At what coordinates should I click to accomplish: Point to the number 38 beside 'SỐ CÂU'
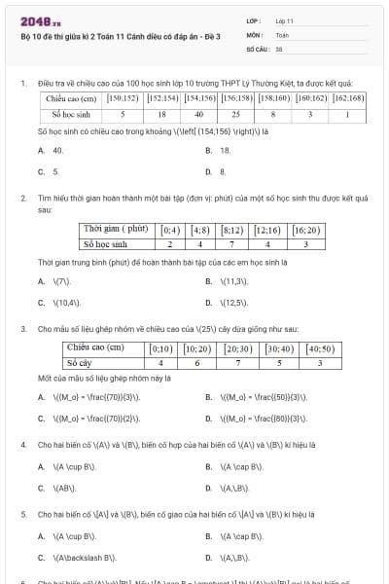(279, 47)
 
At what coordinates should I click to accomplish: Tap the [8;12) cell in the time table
(232, 230)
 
